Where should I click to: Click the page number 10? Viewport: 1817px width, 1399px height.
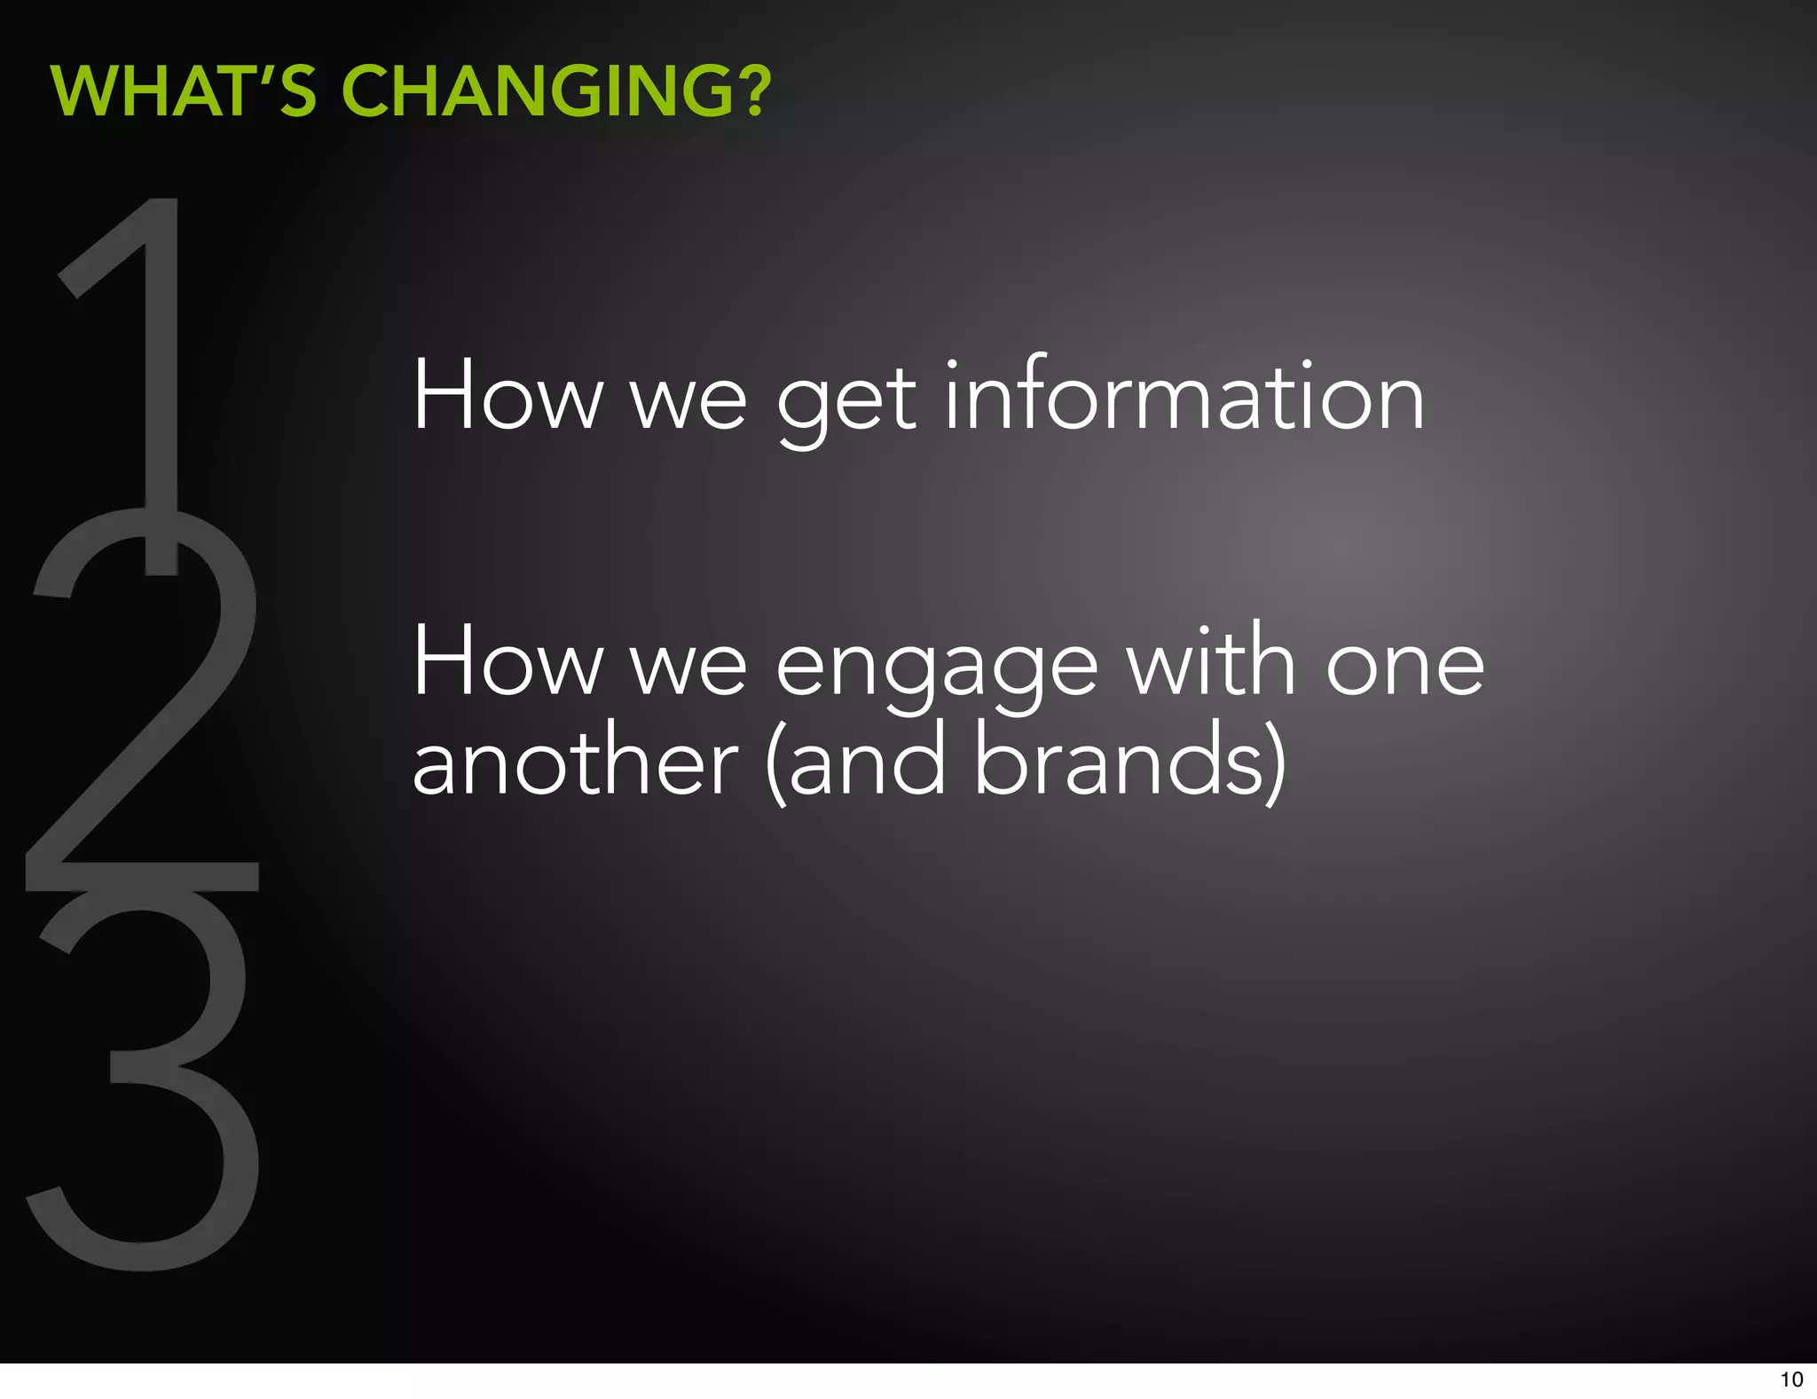(1791, 1379)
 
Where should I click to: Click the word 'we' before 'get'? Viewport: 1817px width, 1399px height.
(688, 404)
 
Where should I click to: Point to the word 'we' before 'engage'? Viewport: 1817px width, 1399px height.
(688, 670)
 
